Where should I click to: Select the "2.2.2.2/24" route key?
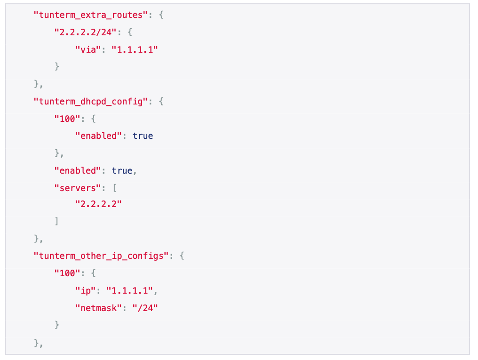pyautogui.click(x=85, y=32)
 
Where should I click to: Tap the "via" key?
pyautogui.click(x=88, y=49)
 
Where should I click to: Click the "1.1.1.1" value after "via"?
pyautogui.click(x=135, y=49)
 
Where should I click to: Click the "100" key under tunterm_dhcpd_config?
pyautogui.click(x=65, y=118)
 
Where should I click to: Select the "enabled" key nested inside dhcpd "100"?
pyautogui.click(x=98, y=136)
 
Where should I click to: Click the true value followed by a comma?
pyautogui.click(x=122, y=170)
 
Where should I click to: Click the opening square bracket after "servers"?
pyautogui.click(x=114, y=187)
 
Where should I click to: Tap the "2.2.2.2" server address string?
pyautogui.click(x=98, y=204)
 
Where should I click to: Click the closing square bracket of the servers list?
pyautogui.click(x=56, y=221)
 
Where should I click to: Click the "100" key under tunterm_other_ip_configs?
pyautogui.click(x=65, y=273)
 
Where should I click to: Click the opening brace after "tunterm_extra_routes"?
pyautogui.click(x=161, y=15)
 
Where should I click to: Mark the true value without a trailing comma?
pyautogui.click(x=143, y=136)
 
